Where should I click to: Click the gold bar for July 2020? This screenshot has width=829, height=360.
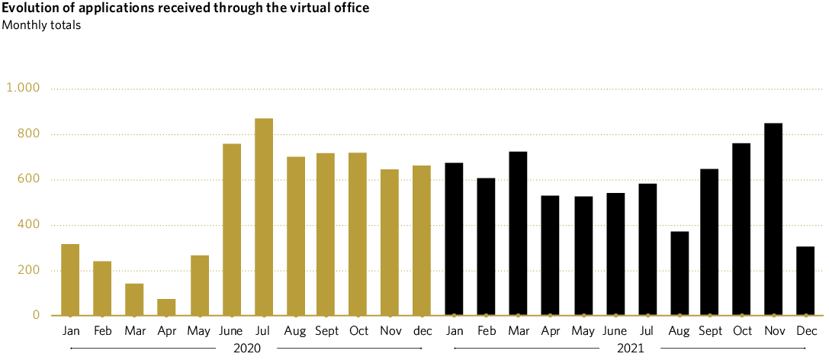coord(264,217)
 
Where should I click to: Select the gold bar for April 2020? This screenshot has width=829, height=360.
coord(167,307)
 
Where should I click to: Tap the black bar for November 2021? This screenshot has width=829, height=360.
coord(773,220)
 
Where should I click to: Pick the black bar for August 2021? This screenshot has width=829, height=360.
coord(680,273)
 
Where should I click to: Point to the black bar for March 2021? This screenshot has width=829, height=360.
coord(518,233)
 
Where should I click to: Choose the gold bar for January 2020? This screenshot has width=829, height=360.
coord(70,279)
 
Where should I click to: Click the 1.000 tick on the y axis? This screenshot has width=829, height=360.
coord(23,88)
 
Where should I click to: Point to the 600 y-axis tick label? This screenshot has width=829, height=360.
coord(29,180)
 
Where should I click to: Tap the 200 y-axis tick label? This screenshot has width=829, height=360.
coord(29,271)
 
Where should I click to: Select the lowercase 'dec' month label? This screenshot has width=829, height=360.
coord(422,331)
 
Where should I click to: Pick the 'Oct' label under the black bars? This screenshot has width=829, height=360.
coord(743,331)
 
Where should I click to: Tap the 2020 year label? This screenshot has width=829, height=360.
coord(246,349)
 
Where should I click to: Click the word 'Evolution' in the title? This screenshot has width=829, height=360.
coord(28,8)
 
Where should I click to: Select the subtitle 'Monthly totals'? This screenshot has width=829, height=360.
coord(41,24)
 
